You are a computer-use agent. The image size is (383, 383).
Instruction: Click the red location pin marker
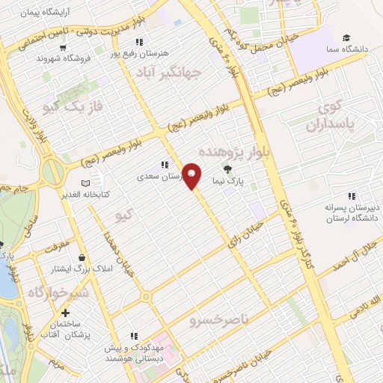point(192,176)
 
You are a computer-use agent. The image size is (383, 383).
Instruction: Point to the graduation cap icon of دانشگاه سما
point(346,37)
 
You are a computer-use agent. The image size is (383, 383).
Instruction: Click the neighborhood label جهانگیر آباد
point(169,73)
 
